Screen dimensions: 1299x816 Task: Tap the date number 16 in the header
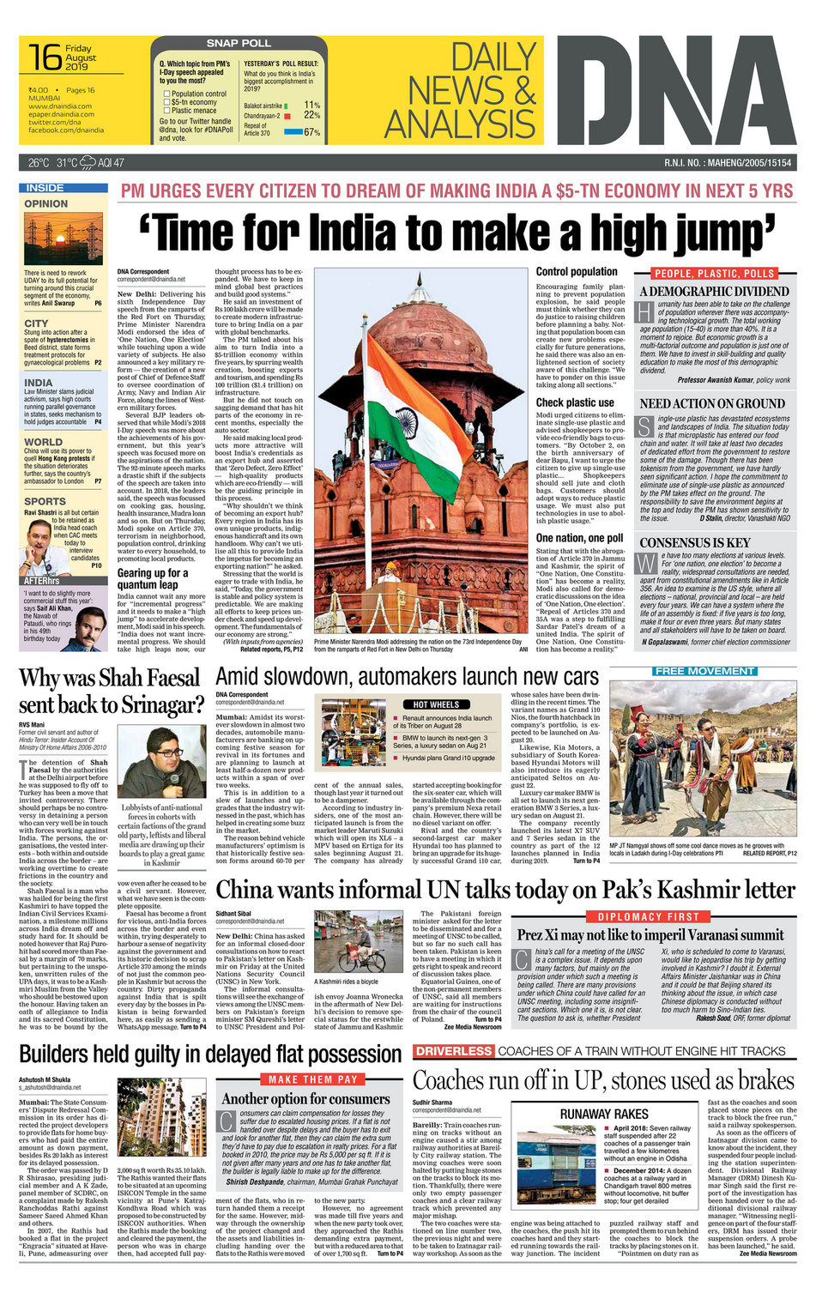[45, 57]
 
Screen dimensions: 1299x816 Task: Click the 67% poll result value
[311, 132]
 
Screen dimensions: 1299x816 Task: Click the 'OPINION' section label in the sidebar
[46, 203]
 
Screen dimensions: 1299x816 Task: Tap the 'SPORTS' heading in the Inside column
[45, 501]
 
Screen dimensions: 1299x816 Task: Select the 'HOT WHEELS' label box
[438, 704]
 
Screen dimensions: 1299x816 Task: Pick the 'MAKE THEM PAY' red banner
[307, 1079]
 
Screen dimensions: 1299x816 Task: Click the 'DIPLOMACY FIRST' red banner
[649, 916]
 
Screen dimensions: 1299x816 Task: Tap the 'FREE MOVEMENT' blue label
[704, 671]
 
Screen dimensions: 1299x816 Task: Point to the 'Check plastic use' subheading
[575, 402]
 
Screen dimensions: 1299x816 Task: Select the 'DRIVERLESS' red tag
[454, 1051]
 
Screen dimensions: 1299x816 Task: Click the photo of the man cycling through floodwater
[358, 941]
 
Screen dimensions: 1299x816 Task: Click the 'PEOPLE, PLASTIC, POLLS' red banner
[715, 274]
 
